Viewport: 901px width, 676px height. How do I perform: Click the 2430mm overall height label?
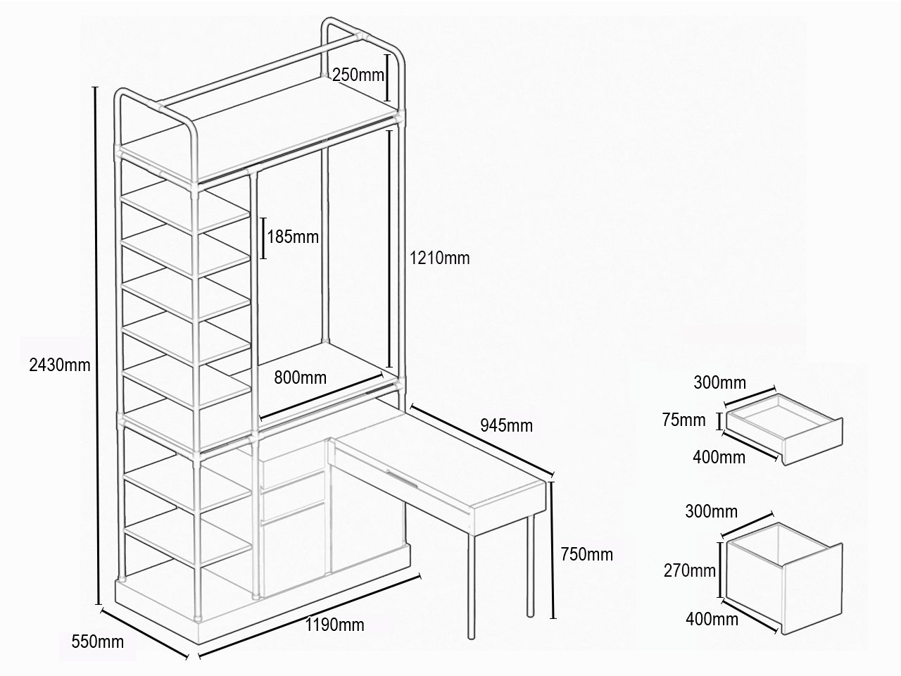60,365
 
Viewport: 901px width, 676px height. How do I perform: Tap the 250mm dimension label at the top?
358,75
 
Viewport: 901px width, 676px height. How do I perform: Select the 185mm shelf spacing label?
293,237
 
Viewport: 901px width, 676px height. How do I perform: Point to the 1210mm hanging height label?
440,258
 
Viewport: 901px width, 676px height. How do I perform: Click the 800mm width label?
301,377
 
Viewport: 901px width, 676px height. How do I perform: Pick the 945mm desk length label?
507,425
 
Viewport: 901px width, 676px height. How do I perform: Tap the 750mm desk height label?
587,554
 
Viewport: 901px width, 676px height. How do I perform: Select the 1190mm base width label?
334,625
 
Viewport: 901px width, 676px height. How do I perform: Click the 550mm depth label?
98,642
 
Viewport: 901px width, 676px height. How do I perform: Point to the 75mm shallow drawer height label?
684,420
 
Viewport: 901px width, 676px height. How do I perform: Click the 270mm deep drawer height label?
690,571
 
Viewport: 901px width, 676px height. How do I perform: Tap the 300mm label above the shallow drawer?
720,382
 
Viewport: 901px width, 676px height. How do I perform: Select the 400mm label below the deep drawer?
712,619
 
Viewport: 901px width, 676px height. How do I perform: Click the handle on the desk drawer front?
403,480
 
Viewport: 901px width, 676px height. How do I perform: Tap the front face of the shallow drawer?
813,442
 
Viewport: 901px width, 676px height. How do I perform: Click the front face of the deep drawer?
813,589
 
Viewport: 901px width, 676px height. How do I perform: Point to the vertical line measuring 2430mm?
97,346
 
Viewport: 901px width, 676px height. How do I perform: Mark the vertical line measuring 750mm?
553,550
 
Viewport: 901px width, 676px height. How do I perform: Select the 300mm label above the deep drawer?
712,511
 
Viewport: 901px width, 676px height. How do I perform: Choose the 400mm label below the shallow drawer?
719,457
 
